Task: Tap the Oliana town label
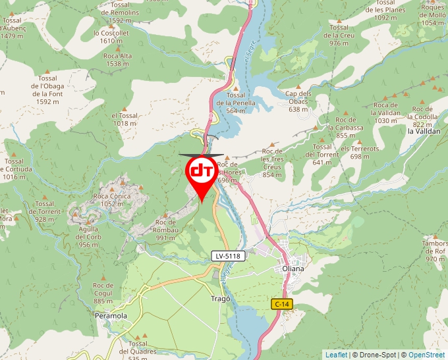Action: coord(293,269)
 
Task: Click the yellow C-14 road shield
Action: coord(281,303)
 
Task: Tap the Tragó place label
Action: coord(221,298)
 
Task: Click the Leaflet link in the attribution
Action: coord(336,355)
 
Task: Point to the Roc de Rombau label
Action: coord(165,226)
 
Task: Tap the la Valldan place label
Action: coord(424,131)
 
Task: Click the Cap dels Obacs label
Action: coord(298,97)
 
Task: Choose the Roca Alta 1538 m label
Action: coord(117,60)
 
